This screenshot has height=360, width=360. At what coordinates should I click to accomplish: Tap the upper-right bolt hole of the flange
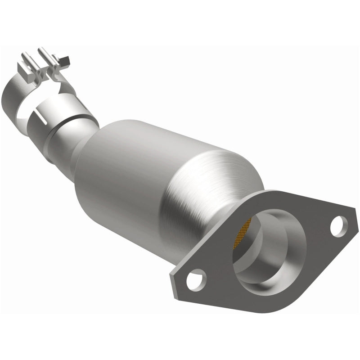point(338,225)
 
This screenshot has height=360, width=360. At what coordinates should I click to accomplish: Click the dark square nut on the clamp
point(64,59)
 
